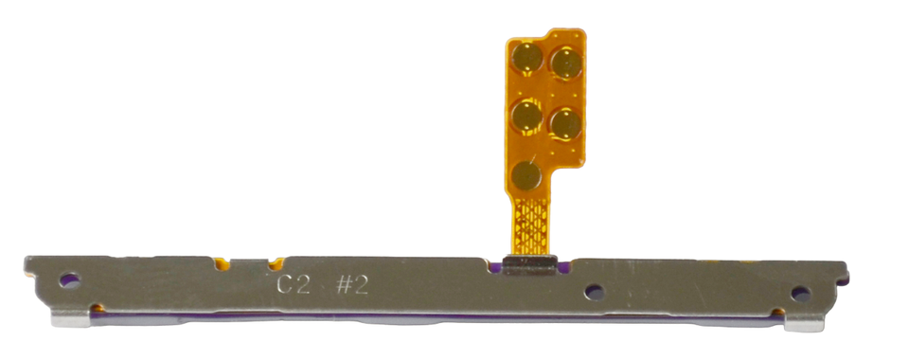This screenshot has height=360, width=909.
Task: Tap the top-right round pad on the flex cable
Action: (566, 64)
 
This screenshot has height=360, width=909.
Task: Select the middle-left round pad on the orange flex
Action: (526, 117)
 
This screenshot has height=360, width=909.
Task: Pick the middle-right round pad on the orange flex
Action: (565, 122)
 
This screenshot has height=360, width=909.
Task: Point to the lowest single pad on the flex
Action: (526, 174)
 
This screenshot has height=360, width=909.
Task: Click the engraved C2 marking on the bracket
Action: (293, 284)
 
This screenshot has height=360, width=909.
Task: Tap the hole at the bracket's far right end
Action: (800, 294)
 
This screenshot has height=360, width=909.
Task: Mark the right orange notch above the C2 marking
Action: (276, 262)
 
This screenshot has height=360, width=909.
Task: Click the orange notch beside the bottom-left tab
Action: (97, 309)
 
